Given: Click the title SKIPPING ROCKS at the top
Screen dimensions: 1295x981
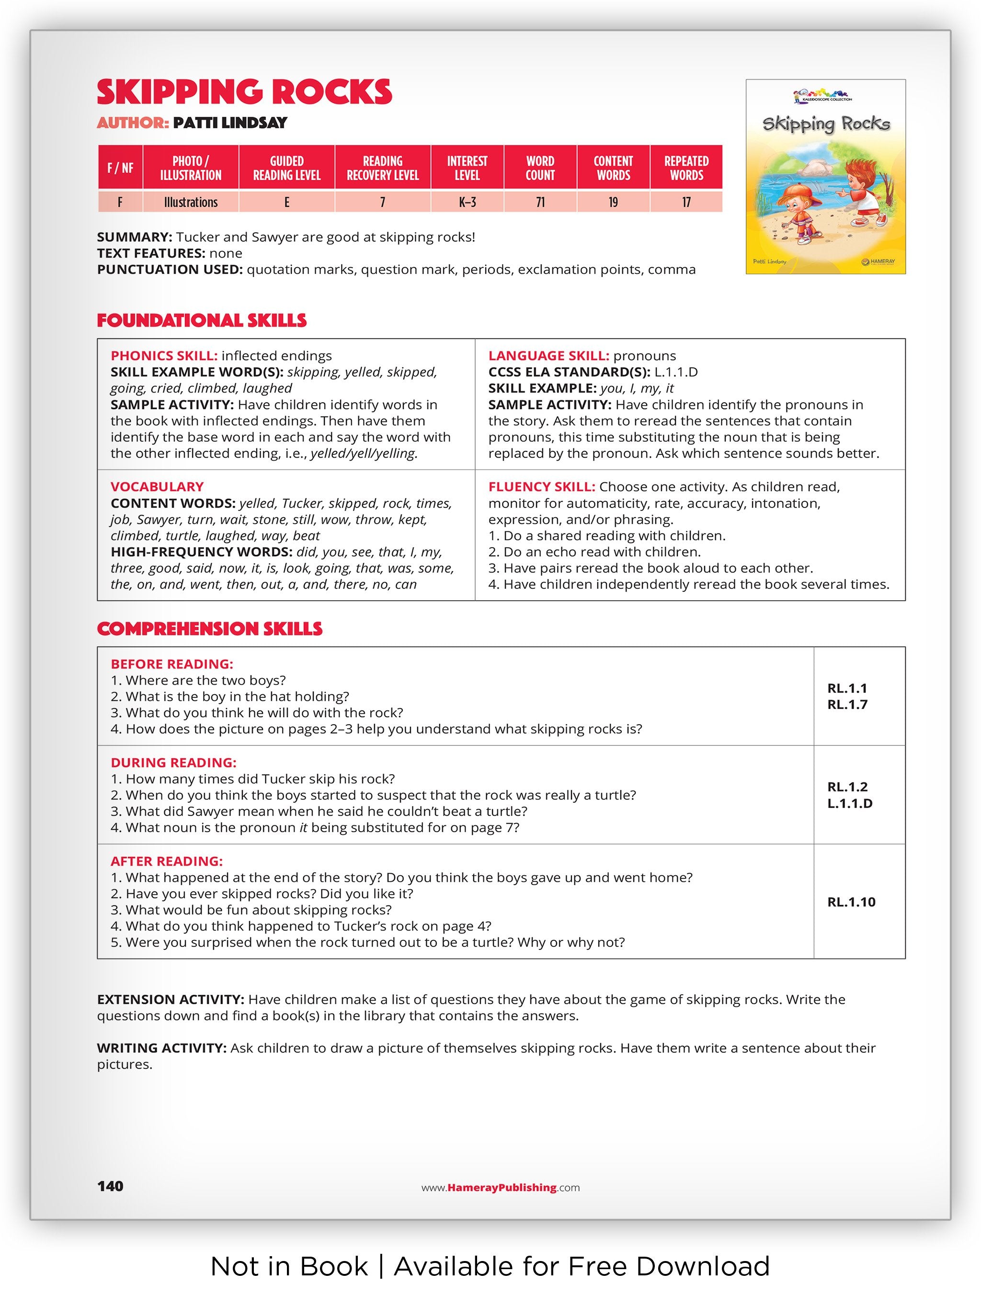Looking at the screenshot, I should pyautogui.click(x=244, y=92).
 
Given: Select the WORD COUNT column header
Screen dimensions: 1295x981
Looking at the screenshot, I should pyautogui.click(x=539, y=168).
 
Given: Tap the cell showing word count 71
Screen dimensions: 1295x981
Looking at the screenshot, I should pyautogui.click(x=539, y=202).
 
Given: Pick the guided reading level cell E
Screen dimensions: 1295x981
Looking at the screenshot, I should pyautogui.click(x=286, y=202).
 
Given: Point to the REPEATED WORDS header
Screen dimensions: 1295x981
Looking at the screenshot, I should pyautogui.click(x=686, y=168).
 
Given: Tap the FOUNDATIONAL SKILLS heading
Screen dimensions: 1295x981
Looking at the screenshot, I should pyautogui.click(x=202, y=320).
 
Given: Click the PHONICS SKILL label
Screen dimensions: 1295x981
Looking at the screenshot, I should pyautogui.click(x=164, y=356).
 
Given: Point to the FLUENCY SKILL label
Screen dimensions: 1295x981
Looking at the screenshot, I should pyautogui.click(x=542, y=487).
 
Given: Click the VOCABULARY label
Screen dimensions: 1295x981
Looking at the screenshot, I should pyautogui.click(x=157, y=487).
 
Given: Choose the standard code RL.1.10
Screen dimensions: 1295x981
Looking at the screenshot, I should pyautogui.click(x=851, y=902).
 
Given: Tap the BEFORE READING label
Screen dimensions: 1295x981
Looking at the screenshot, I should pyautogui.click(x=171, y=664).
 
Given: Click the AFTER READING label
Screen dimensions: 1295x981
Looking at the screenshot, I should pyautogui.click(x=167, y=861).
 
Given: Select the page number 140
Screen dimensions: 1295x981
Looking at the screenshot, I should pyautogui.click(x=110, y=1186).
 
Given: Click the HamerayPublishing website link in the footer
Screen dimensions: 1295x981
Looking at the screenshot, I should pyautogui.click(x=501, y=1187).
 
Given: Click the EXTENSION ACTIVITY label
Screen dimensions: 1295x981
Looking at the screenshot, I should pyautogui.click(x=171, y=999).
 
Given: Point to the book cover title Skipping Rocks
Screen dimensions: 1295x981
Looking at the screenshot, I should pyautogui.click(x=826, y=124).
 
